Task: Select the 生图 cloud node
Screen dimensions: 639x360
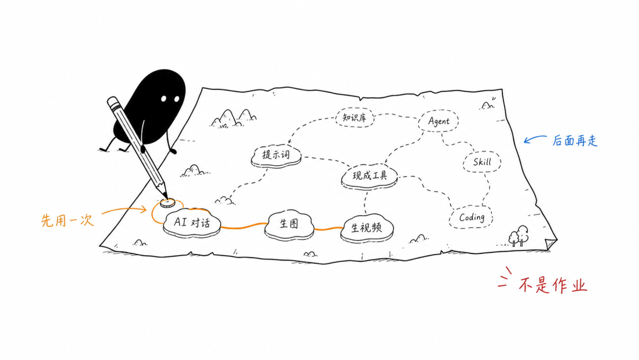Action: pos(289,224)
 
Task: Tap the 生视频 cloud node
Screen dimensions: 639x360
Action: pos(367,229)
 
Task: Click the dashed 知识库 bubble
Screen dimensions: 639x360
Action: pos(354,117)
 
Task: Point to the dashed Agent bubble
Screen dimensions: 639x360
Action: pos(438,121)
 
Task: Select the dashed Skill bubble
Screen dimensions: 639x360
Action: pos(482,162)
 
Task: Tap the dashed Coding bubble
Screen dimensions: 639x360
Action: pos(471,217)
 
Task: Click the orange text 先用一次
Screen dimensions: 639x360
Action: pos(67,220)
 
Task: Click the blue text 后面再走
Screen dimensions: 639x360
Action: pos(575,141)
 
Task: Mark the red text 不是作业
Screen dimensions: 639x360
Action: pos(553,285)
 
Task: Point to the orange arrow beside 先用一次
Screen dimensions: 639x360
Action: pos(124,210)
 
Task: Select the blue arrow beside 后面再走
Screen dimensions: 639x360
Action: pos(535,139)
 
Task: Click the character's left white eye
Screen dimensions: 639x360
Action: pos(163,99)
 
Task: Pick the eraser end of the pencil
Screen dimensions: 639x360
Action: pos(112,101)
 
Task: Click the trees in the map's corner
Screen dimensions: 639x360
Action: pos(518,236)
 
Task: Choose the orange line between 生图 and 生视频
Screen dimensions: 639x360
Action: pos(328,229)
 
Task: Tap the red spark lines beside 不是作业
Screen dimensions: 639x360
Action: pos(505,277)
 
